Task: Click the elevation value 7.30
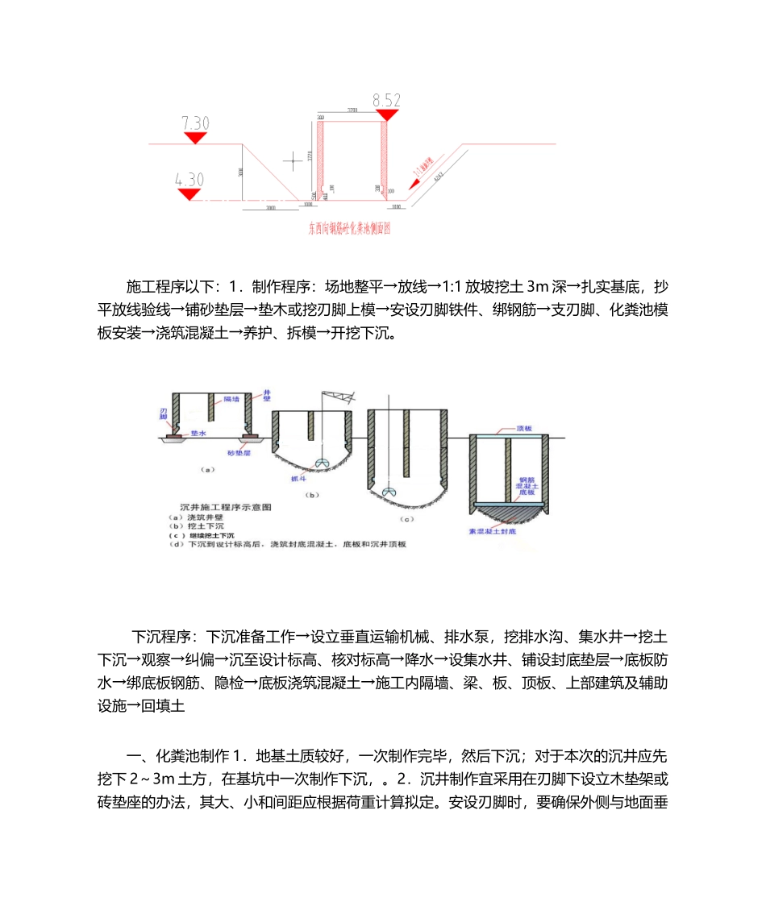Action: coord(195,123)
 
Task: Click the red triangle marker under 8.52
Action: coord(387,115)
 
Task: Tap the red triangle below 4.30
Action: coord(190,194)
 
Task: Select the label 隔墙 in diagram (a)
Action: coord(232,398)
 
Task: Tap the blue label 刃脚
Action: coord(163,414)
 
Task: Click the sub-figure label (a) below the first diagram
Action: coord(207,467)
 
